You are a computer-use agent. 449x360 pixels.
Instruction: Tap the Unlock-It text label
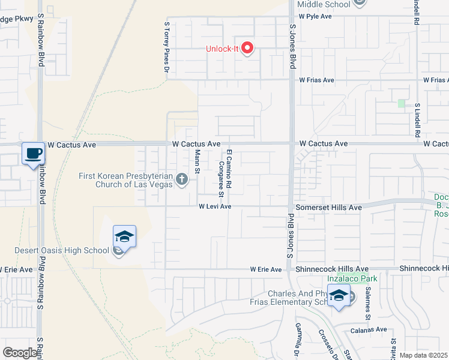click(223, 49)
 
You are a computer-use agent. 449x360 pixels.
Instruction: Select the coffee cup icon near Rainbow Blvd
click(33, 152)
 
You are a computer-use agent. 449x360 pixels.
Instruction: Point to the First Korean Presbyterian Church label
click(126, 180)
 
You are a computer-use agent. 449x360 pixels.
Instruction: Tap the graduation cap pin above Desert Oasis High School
click(124, 236)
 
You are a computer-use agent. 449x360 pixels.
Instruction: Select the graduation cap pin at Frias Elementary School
click(339, 296)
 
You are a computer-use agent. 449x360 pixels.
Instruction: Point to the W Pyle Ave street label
click(315, 17)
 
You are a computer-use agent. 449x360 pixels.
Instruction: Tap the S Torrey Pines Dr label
click(167, 47)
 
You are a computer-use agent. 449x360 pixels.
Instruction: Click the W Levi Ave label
click(215, 206)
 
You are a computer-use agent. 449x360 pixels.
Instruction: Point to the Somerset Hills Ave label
click(330, 207)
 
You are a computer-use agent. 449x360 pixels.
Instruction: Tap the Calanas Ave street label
click(369, 329)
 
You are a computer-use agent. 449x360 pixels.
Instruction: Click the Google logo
click(20, 353)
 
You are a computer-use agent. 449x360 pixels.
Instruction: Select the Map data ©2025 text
click(424, 355)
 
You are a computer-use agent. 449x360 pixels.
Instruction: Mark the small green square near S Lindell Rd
click(401, 103)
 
